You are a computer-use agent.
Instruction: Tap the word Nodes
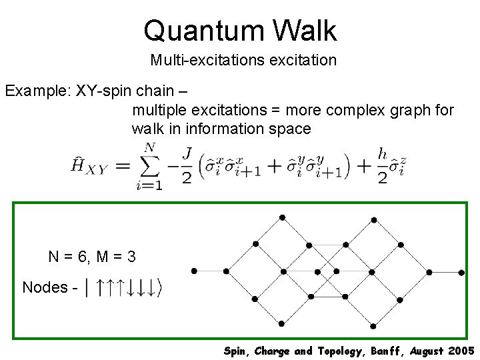point(45,287)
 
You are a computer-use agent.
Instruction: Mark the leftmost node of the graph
point(194,271)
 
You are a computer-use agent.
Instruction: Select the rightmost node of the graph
point(461,272)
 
